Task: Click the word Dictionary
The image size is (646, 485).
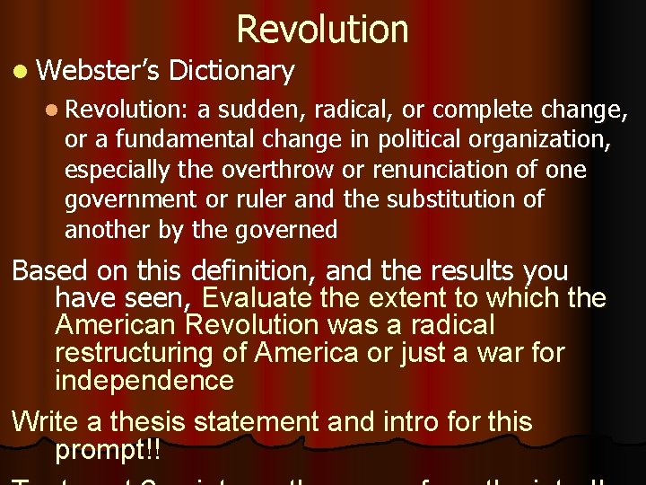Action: tap(231, 70)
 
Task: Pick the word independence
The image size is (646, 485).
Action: tap(144, 380)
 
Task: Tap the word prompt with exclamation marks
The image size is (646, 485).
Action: tap(109, 447)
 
